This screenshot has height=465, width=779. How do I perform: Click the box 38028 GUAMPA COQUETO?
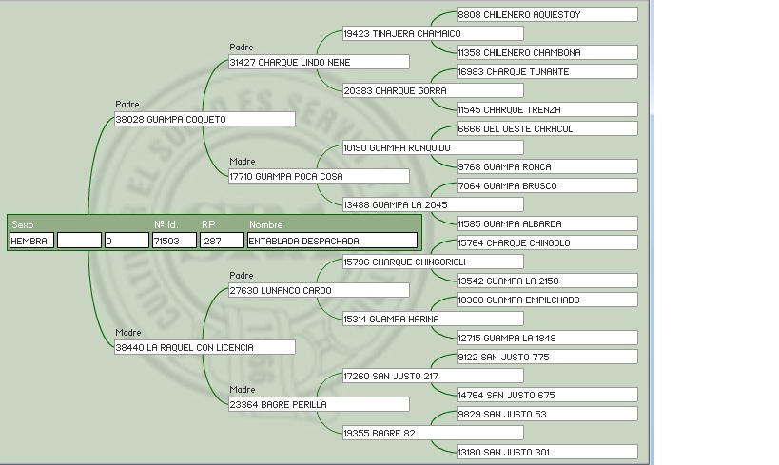click(x=204, y=120)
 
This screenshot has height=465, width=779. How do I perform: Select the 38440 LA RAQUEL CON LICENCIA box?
click(x=204, y=348)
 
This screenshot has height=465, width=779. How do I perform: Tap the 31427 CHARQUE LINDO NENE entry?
click(x=318, y=63)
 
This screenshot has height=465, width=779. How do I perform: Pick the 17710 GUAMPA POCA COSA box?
click(x=318, y=177)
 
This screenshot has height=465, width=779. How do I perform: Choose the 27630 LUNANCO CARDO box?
click(x=318, y=291)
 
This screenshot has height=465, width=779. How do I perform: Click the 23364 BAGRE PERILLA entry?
click(x=318, y=405)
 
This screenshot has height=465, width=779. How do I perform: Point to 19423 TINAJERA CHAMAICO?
click(x=432, y=34)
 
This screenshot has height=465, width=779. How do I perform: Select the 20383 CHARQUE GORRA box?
click(x=432, y=91)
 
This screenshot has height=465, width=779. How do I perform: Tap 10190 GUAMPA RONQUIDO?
click(x=432, y=148)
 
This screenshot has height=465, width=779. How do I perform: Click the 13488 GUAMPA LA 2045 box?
click(x=432, y=205)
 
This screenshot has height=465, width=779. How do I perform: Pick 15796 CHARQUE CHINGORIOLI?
click(x=432, y=262)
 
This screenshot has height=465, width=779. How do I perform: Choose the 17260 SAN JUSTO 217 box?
click(x=432, y=377)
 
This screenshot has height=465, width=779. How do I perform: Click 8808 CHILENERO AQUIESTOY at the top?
click(x=546, y=15)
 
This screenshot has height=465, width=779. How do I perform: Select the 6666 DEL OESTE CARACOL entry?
click(x=546, y=129)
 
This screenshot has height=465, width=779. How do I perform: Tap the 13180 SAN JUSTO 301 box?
click(x=546, y=453)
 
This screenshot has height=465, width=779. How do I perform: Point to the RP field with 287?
click(x=221, y=242)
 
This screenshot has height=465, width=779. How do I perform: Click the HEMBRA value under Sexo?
click(x=31, y=242)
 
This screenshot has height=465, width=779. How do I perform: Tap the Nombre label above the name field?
click(x=266, y=225)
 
